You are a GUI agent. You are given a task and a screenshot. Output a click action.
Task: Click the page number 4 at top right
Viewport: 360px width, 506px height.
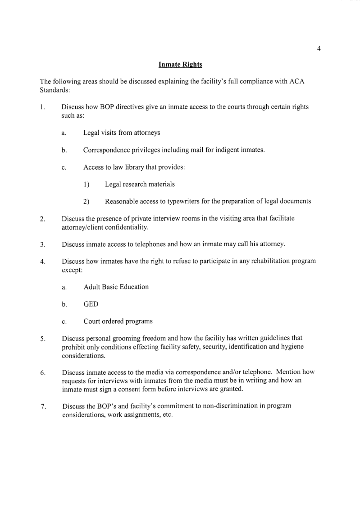(x=319, y=49)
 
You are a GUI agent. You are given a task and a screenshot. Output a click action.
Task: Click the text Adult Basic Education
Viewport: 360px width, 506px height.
(x=116, y=287)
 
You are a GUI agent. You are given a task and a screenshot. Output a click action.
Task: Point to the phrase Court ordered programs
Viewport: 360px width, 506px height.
(x=118, y=322)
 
